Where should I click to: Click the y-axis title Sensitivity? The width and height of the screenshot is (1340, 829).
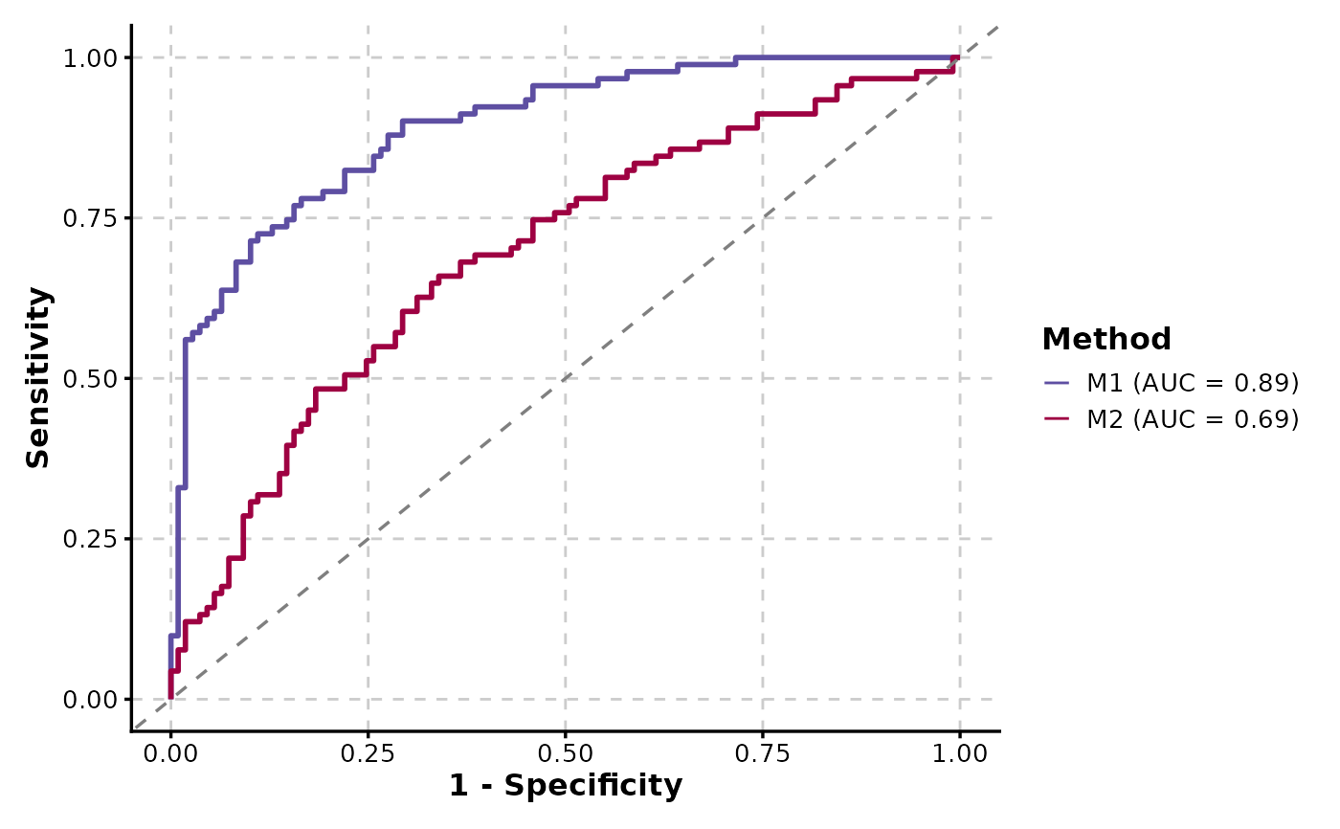(x=38, y=378)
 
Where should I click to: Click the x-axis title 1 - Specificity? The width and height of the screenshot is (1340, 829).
(x=566, y=786)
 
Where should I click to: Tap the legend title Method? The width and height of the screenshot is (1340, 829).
(x=1105, y=339)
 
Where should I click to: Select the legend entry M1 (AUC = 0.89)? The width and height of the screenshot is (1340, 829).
(x=1192, y=383)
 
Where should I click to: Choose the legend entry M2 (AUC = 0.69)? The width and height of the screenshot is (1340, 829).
(x=1192, y=419)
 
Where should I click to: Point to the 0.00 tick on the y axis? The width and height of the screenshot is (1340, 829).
(x=96, y=700)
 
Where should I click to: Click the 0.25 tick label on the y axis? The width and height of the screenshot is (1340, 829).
(x=96, y=539)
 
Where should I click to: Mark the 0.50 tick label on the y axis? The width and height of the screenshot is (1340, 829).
(x=96, y=378)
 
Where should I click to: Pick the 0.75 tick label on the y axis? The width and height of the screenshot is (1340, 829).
(x=96, y=218)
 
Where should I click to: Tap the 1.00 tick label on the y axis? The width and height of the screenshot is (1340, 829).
(x=96, y=57)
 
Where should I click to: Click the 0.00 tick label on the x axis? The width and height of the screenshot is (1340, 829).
(x=170, y=753)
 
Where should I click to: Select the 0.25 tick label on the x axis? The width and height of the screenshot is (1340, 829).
(x=368, y=753)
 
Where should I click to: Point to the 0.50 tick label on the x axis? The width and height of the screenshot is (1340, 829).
(x=565, y=753)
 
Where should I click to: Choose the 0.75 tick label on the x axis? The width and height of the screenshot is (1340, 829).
(x=762, y=753)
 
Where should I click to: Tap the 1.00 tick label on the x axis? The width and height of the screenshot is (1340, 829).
(x=959, y=753)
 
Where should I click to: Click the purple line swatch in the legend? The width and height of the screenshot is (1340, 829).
(x=1057, y=383)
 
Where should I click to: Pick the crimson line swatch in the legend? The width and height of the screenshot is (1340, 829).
(x=1057, y=419)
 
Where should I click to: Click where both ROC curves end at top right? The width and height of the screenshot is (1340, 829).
(x=958, y=57)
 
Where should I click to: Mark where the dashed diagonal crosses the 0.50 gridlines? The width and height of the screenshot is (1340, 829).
(x=565, y=378)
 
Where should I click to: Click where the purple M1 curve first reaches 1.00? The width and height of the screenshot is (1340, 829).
(x=736, y=57)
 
